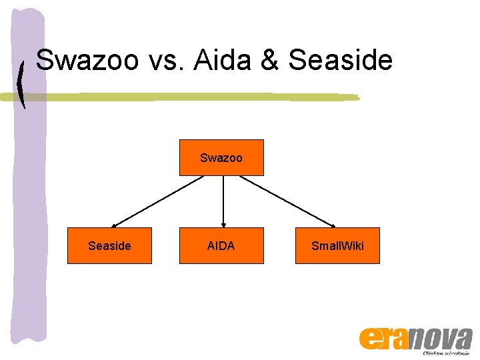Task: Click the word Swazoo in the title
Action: pyautogui.click(x=88, y=61)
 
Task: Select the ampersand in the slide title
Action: pyautogui.click(x=271, y=61)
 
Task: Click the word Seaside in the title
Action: pyautogui.click(x=341, y=61)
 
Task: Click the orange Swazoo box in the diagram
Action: pyautogui.click(x=221, y=158)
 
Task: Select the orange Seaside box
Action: pyautogui.click(x=109, y=246)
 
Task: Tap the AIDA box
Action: pyautogui.click(x=221, y=246)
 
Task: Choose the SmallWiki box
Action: pyautogui.click(x=337, y=246)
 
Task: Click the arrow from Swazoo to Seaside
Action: pyautogui.click(x=157, y=201)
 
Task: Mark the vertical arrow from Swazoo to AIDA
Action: pyautogui.click(x=223, y=200)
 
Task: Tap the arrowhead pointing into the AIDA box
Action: pyautogui.click(x=223, y=225)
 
